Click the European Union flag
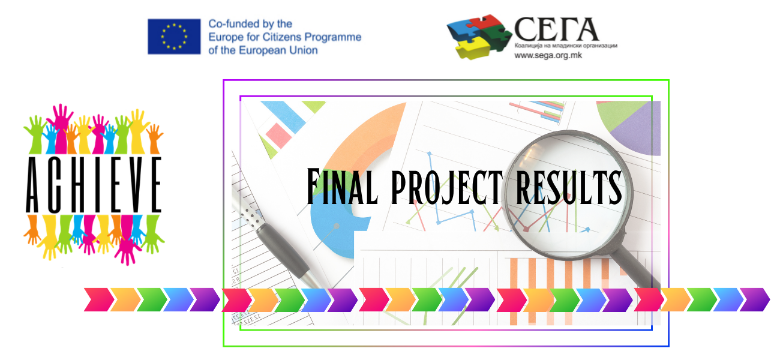(174, 37)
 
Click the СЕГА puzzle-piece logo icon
(479, 37)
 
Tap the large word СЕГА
(556, 29)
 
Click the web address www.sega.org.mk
(548, 55)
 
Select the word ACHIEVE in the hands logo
(94, 185)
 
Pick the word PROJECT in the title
(447, 187)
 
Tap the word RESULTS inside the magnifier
(569, 187)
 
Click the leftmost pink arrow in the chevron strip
(99, 299)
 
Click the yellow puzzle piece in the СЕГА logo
(473, 47)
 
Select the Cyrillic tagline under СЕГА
(566, 46)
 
